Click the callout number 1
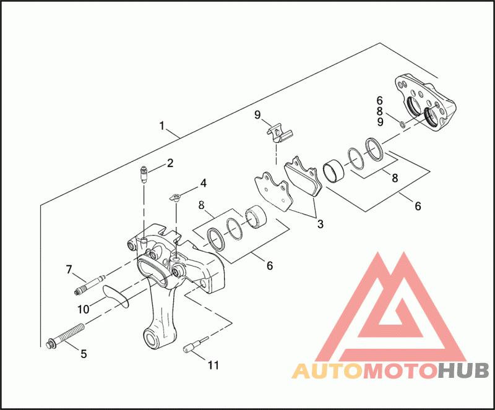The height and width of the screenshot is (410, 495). (x=161, y=126)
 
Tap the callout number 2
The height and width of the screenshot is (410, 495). (x=169, y=164)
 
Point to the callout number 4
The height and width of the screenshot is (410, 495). (x=202, y=183)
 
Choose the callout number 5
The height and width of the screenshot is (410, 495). (x=84, y=354)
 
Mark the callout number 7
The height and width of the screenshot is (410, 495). (x=69, y=269)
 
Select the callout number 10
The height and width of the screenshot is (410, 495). (x=82, y=308)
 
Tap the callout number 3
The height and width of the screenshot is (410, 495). (x=319, y=224)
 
